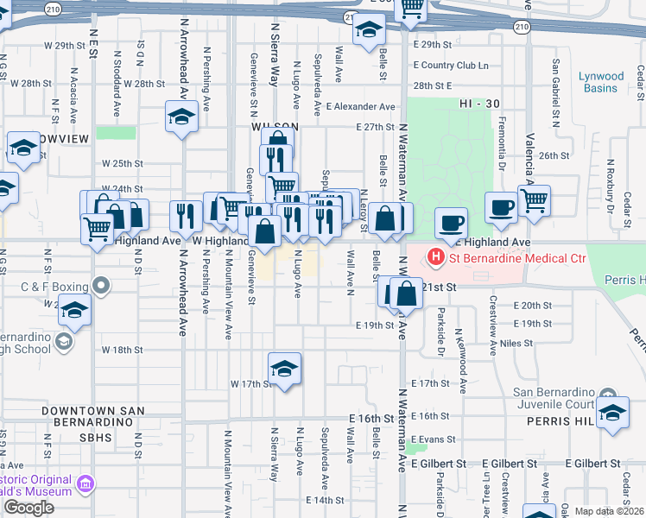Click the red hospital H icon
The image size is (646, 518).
pos(436,257)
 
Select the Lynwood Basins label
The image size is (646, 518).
pos(602,82)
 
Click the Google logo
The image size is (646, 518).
pos(28,508)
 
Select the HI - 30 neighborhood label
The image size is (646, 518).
pos(481,103)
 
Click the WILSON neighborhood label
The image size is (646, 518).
pos(274,126)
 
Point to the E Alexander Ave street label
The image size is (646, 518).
pos(360,106)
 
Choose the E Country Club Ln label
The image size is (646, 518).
pos(451,65)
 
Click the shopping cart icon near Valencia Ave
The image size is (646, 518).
pos(535,200)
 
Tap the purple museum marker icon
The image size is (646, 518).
pos(86,483)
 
